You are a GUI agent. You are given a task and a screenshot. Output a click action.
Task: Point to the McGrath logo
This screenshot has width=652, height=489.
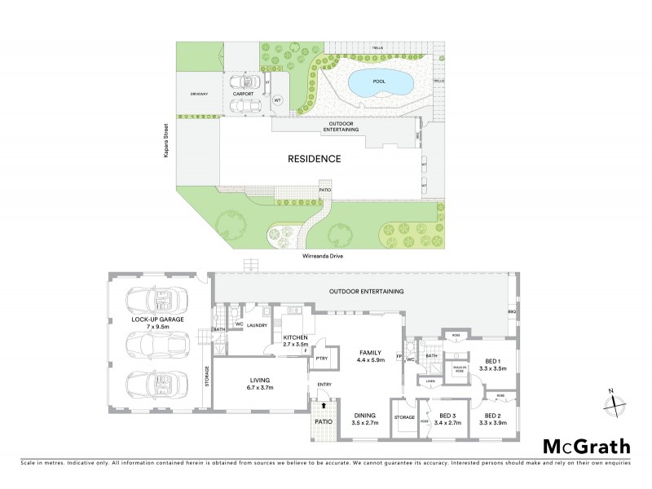(x=586, y=446)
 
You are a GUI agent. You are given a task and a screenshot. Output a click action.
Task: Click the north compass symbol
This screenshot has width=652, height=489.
(x=615, y=402)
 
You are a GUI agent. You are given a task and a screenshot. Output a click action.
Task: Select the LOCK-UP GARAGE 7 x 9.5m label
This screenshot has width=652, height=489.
(x=157, y=322)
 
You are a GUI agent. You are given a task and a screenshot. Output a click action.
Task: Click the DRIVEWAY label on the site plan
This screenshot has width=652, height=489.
(x=199, y=94)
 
